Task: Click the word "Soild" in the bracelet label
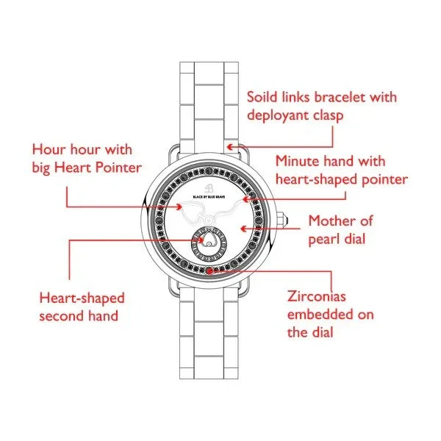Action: (265, 97)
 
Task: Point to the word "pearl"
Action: (323, 240)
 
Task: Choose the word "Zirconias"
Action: (316, 296)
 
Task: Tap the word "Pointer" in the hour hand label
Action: (118, 168)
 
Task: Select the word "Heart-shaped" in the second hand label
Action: (82, 298)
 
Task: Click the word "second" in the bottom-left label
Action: (61, 316)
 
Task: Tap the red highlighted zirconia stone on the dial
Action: (209, 270)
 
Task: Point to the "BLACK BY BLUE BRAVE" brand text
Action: (209, 197)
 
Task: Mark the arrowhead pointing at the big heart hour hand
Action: (179, 207)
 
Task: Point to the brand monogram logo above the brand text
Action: (209, 187)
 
